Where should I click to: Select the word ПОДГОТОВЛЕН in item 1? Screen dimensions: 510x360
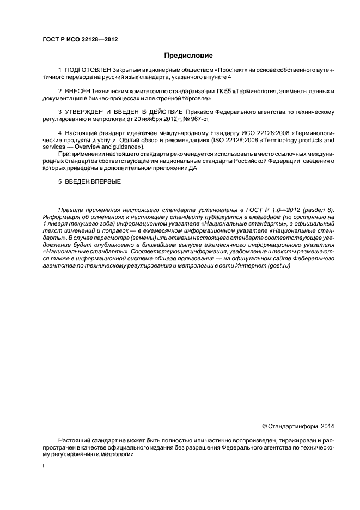coord(87,71)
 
